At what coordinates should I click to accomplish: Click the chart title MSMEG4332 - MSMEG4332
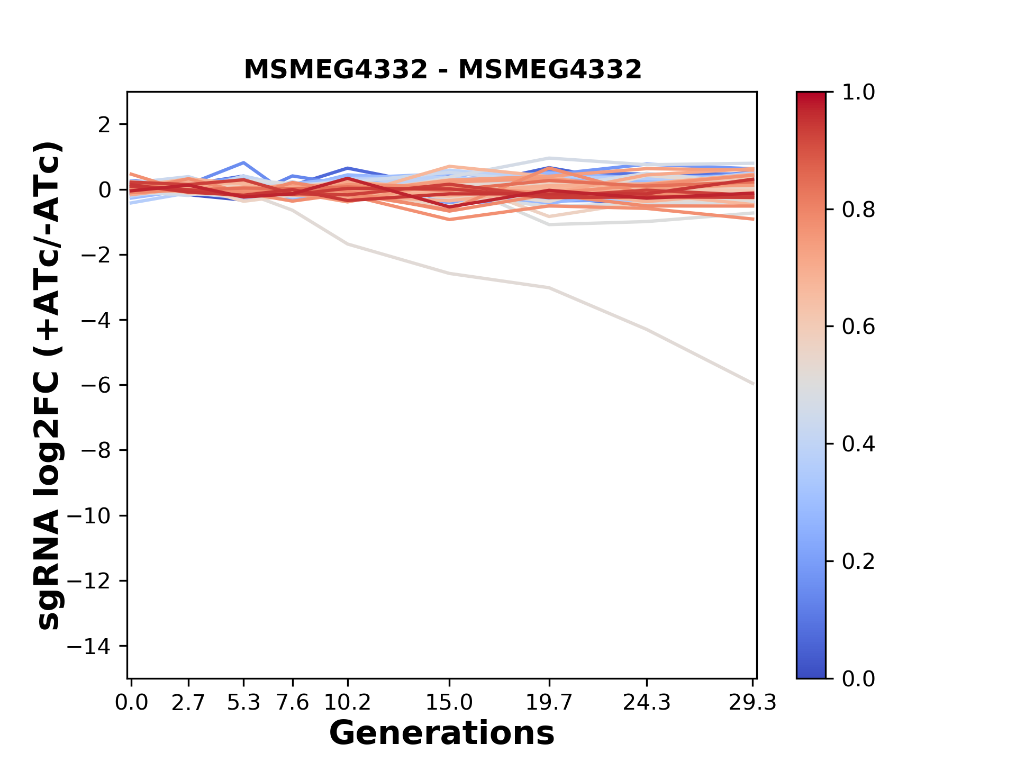(442, 70)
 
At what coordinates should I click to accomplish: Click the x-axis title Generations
(442, 733)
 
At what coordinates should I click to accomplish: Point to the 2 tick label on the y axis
(104, 125)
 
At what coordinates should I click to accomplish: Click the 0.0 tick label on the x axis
(131, 703)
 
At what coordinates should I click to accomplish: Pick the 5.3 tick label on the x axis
(243, 703)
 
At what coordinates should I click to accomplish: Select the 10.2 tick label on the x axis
(347, 703)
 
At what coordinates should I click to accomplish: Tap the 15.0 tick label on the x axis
(449, 703)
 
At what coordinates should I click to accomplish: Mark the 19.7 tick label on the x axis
(549, 703)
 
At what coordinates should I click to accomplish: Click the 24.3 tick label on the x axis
(647, 703)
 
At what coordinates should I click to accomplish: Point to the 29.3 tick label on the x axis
(752, 703)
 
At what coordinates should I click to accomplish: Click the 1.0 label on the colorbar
(858, 93)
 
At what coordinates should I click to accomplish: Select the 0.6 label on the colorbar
(858, 327)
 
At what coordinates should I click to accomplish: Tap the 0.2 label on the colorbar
(858, 561)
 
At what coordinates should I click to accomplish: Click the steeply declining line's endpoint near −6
(753, 384)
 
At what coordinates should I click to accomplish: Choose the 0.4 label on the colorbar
(858, 444)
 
